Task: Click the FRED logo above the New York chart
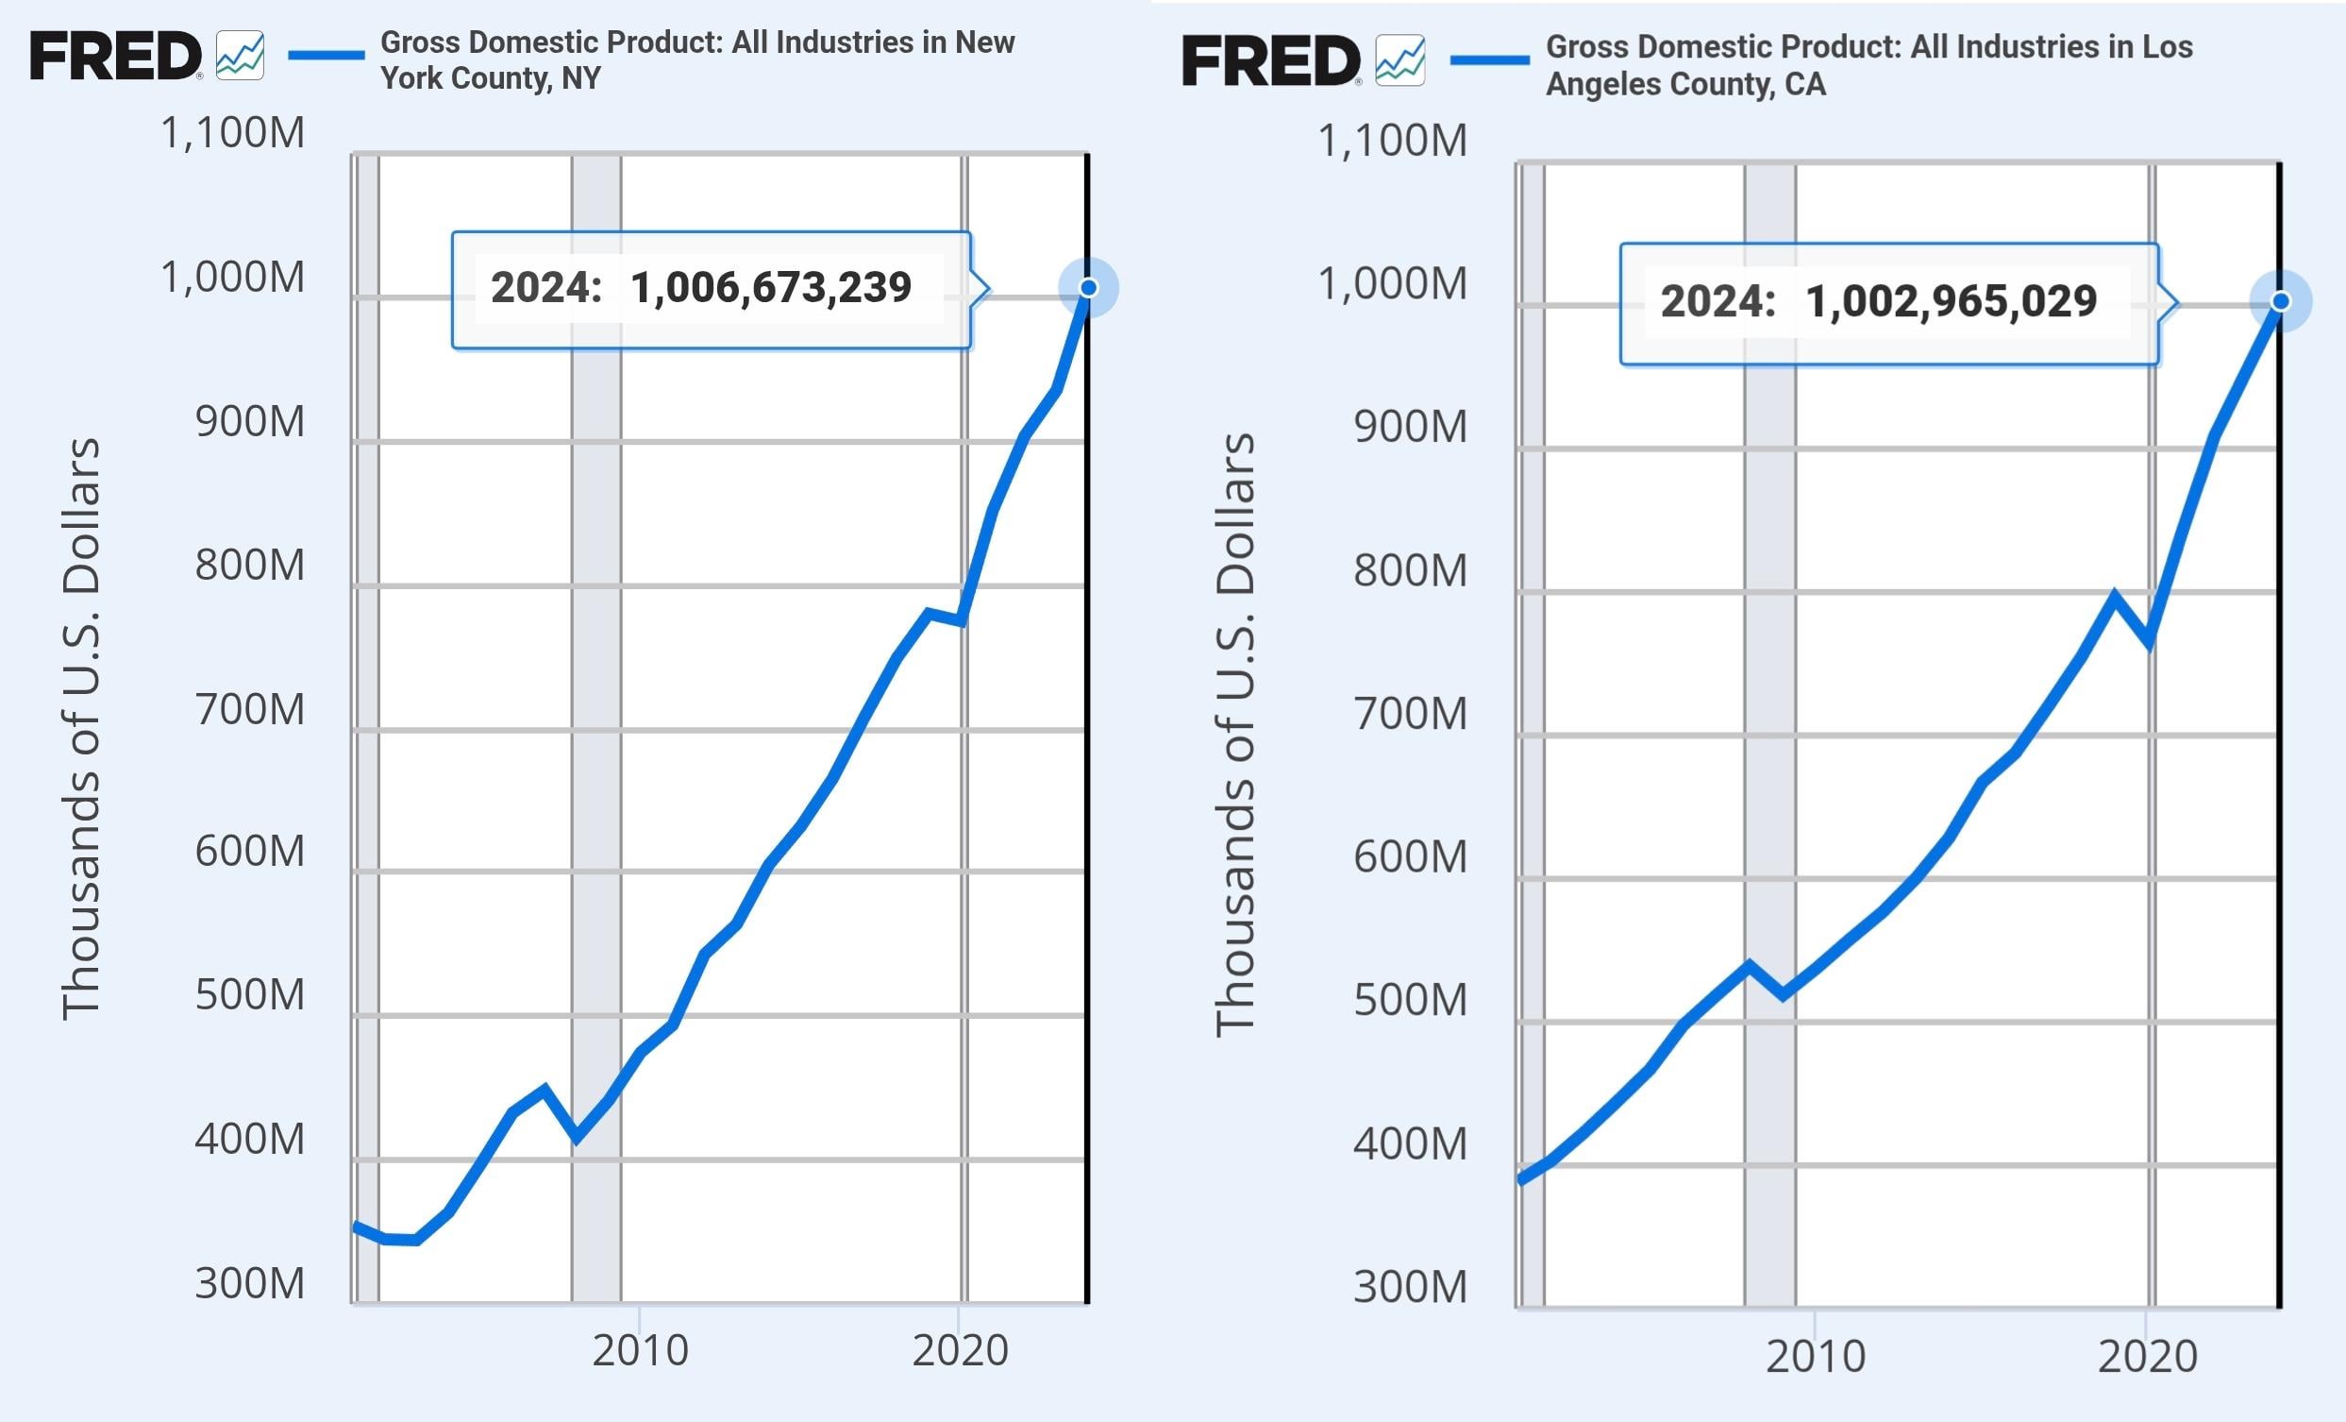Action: tap(115, 57)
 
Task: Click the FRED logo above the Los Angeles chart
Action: tap(1270, 61)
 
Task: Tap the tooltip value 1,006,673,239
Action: tap(770, 288)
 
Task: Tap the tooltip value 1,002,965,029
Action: tap(1951, 301)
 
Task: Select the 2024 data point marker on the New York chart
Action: tap(1088, 288)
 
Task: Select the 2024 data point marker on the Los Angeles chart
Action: tap(2280, 301)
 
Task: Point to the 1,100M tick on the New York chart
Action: tap(233, 133)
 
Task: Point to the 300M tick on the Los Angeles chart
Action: tap(1410, 1287)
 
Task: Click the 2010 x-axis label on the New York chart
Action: tap(640, 1350)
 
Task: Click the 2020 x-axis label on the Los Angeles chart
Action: tap(2147, 1356)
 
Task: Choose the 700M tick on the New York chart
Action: tap(249, 709)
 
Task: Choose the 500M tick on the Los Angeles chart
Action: tap(1410, 1000)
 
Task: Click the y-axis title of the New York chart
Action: tap(80, 729)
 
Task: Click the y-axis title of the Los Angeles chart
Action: tap(1236, 734)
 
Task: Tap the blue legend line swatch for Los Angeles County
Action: tap(1489, 61)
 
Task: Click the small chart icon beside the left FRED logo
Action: tap(240, 57)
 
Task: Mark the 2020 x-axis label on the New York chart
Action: tap(960, 1350)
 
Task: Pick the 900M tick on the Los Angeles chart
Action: tap(1410, 427)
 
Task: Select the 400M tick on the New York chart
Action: tap(249, 1139)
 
